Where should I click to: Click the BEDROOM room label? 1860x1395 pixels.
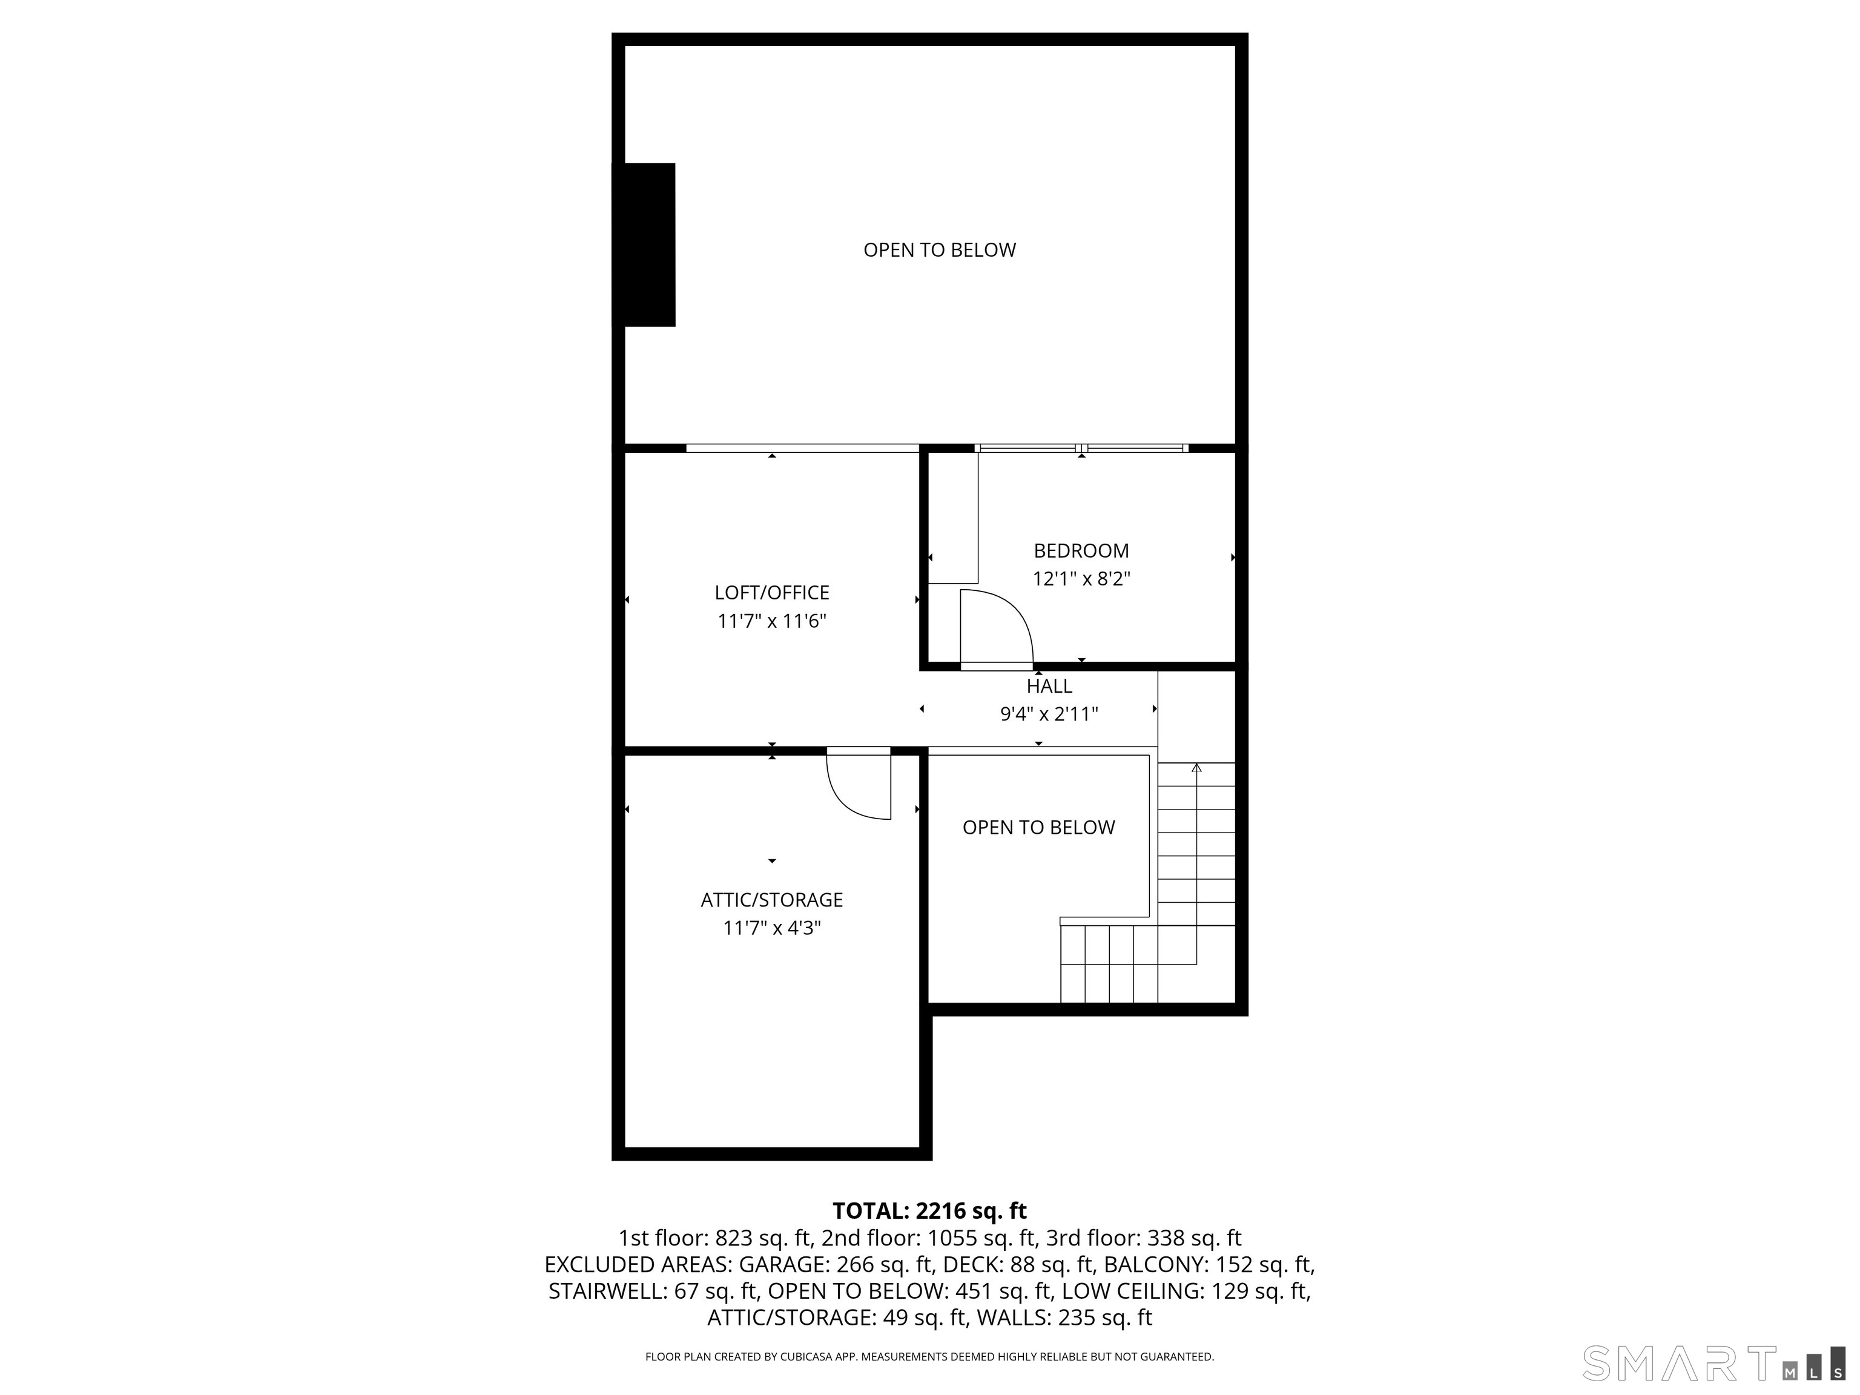coord(1081,551)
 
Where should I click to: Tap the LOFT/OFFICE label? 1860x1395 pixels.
coord(772,593)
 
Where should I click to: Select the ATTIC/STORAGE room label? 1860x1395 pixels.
coord(772,900)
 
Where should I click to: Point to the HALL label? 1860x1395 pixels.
coord(1049,686)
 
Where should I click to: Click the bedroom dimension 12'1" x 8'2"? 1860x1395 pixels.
coord(1081,579)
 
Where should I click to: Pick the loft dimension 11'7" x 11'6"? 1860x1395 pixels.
coord(772,621)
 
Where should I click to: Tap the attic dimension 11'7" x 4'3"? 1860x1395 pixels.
coord(772,928)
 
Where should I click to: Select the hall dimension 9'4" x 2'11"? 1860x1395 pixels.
coord(1049,714)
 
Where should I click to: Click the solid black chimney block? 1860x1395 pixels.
coord(644,245)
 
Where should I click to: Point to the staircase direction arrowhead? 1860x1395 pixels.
coord(1196,767)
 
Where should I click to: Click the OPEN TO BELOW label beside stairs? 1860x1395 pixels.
coord(1038,828)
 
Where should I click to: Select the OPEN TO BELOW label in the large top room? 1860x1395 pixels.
coord(939,249)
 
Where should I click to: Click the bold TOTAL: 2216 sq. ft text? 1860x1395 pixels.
coord(929,1211)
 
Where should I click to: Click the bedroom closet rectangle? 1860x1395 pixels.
coord(952,518)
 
